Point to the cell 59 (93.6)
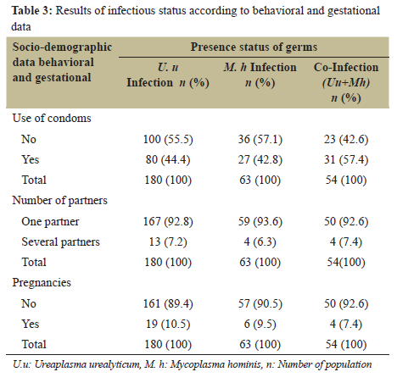(x=255, y=222)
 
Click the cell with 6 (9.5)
(x=255, y=325)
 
